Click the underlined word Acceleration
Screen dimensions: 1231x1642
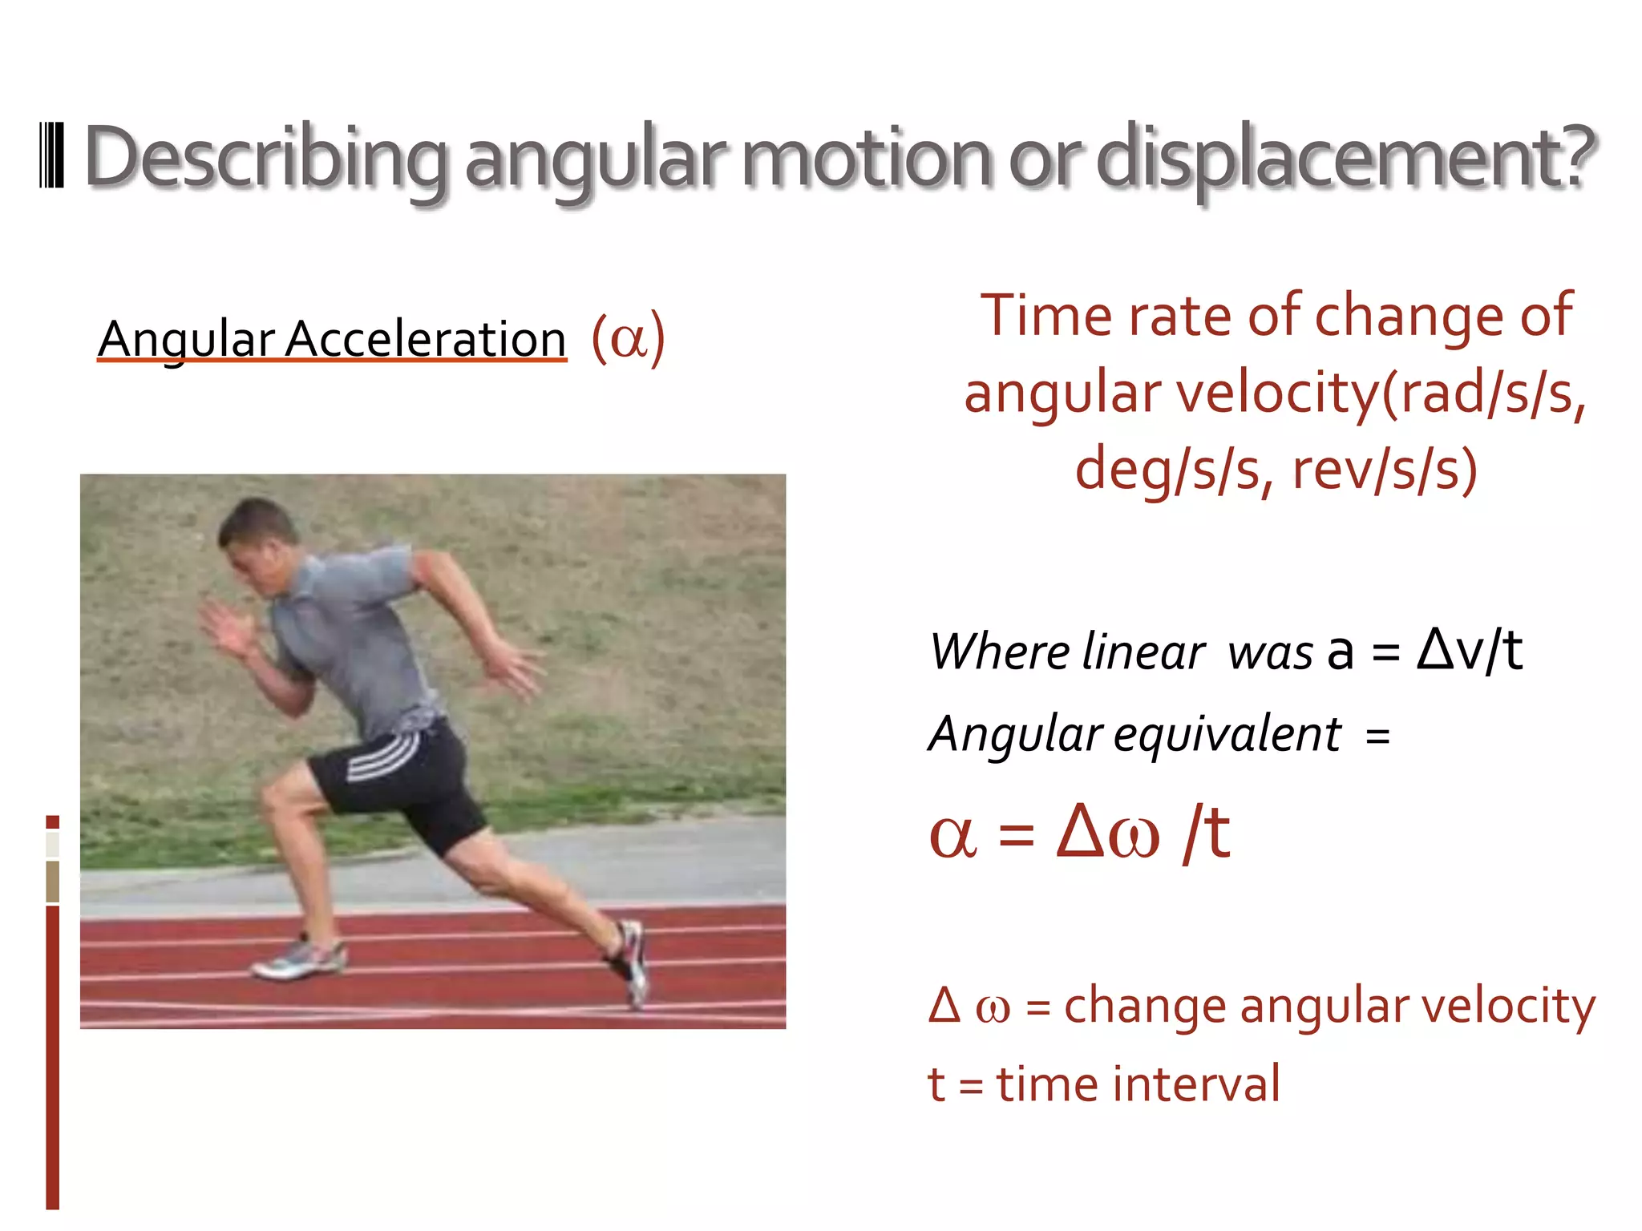(x=426, y=338)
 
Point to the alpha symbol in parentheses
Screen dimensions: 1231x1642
(x=628, y=339)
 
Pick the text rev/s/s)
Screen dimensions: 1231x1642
(x=1384, y=470)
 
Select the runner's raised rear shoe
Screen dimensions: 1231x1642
(x=630, y=962)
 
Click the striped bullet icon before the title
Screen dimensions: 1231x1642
(x=51, y=155)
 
